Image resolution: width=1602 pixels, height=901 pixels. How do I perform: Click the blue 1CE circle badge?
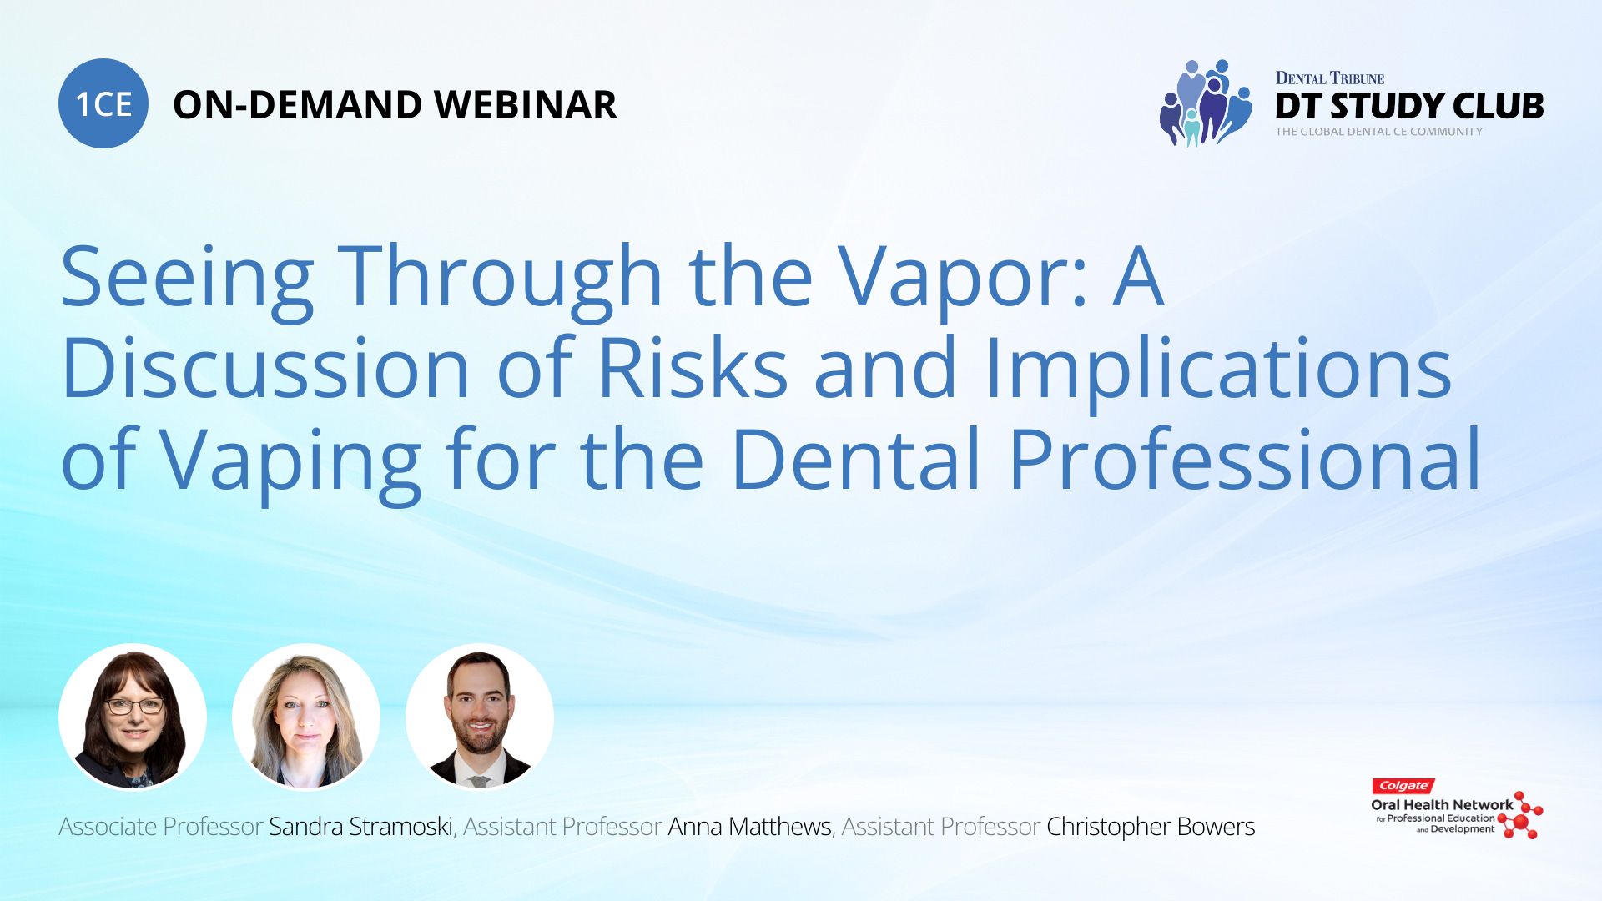pos(103,103)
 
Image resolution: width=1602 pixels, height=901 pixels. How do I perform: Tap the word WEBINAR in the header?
pos(526,105)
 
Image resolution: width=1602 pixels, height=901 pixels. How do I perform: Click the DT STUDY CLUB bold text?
pos(1409,106)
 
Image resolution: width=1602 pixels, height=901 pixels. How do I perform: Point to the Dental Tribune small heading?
pos(1330,78)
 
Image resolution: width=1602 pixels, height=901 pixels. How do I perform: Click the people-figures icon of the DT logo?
pos(1206,103)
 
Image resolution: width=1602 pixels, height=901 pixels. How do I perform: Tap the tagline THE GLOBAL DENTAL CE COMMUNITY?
pos(1379,132)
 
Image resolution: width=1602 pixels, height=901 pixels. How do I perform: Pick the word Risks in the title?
pos(693,368)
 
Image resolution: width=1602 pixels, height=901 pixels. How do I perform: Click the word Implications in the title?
pos(1218,372)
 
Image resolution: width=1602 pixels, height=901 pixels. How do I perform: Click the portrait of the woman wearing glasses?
pos(133,717)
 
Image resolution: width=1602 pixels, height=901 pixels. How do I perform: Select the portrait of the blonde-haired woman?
pos(306,717)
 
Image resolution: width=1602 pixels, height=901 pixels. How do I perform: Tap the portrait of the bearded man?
pos(480,717)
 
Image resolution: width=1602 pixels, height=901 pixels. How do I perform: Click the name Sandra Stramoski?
pos(360,827)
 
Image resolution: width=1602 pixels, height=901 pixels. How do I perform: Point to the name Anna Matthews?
pos(749,827)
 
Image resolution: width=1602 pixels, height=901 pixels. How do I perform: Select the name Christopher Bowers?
pos(1151,827)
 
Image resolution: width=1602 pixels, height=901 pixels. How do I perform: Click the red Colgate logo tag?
pos(1403,786)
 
